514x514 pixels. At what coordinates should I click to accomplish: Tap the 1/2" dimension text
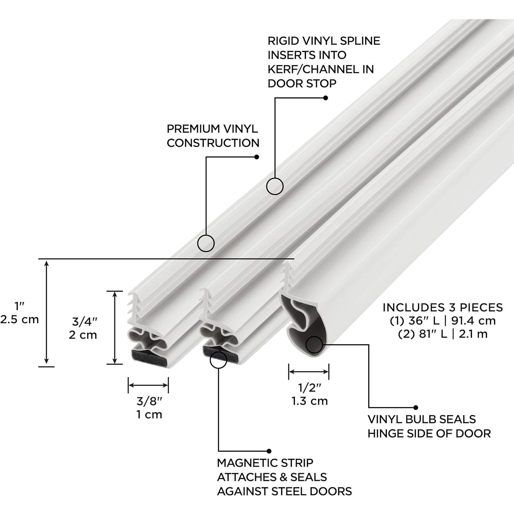pyautogui.click(x=309, y=387)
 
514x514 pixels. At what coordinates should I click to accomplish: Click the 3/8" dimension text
pyautogui.click(x=148, y=401)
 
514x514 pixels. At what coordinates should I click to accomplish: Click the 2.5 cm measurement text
pyautogui.click(x=20, y=320)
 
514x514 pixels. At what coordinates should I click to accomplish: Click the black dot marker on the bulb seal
pyautogui.click(x=314, y=345)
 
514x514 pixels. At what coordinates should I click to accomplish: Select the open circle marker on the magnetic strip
pyautogui.click(x=218, y=359)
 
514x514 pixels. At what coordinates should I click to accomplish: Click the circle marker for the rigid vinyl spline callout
pyautogui.click(x=275, y=187)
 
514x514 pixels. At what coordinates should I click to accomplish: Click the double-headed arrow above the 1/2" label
pyautogui.click(x=309, y=371)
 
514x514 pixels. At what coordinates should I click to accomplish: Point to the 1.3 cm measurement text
pyautogui.click(x=310, y=401)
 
